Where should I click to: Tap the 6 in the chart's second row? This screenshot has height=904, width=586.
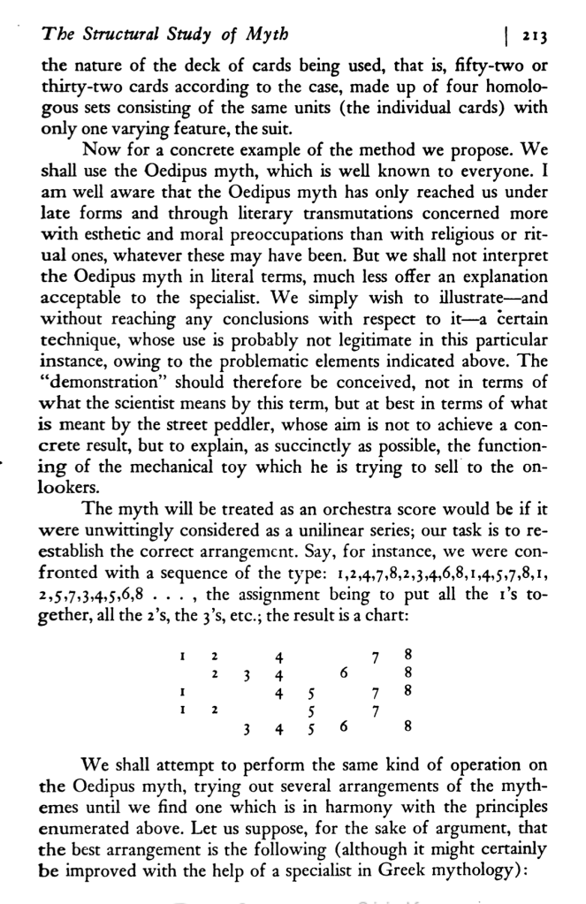point(341,675)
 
